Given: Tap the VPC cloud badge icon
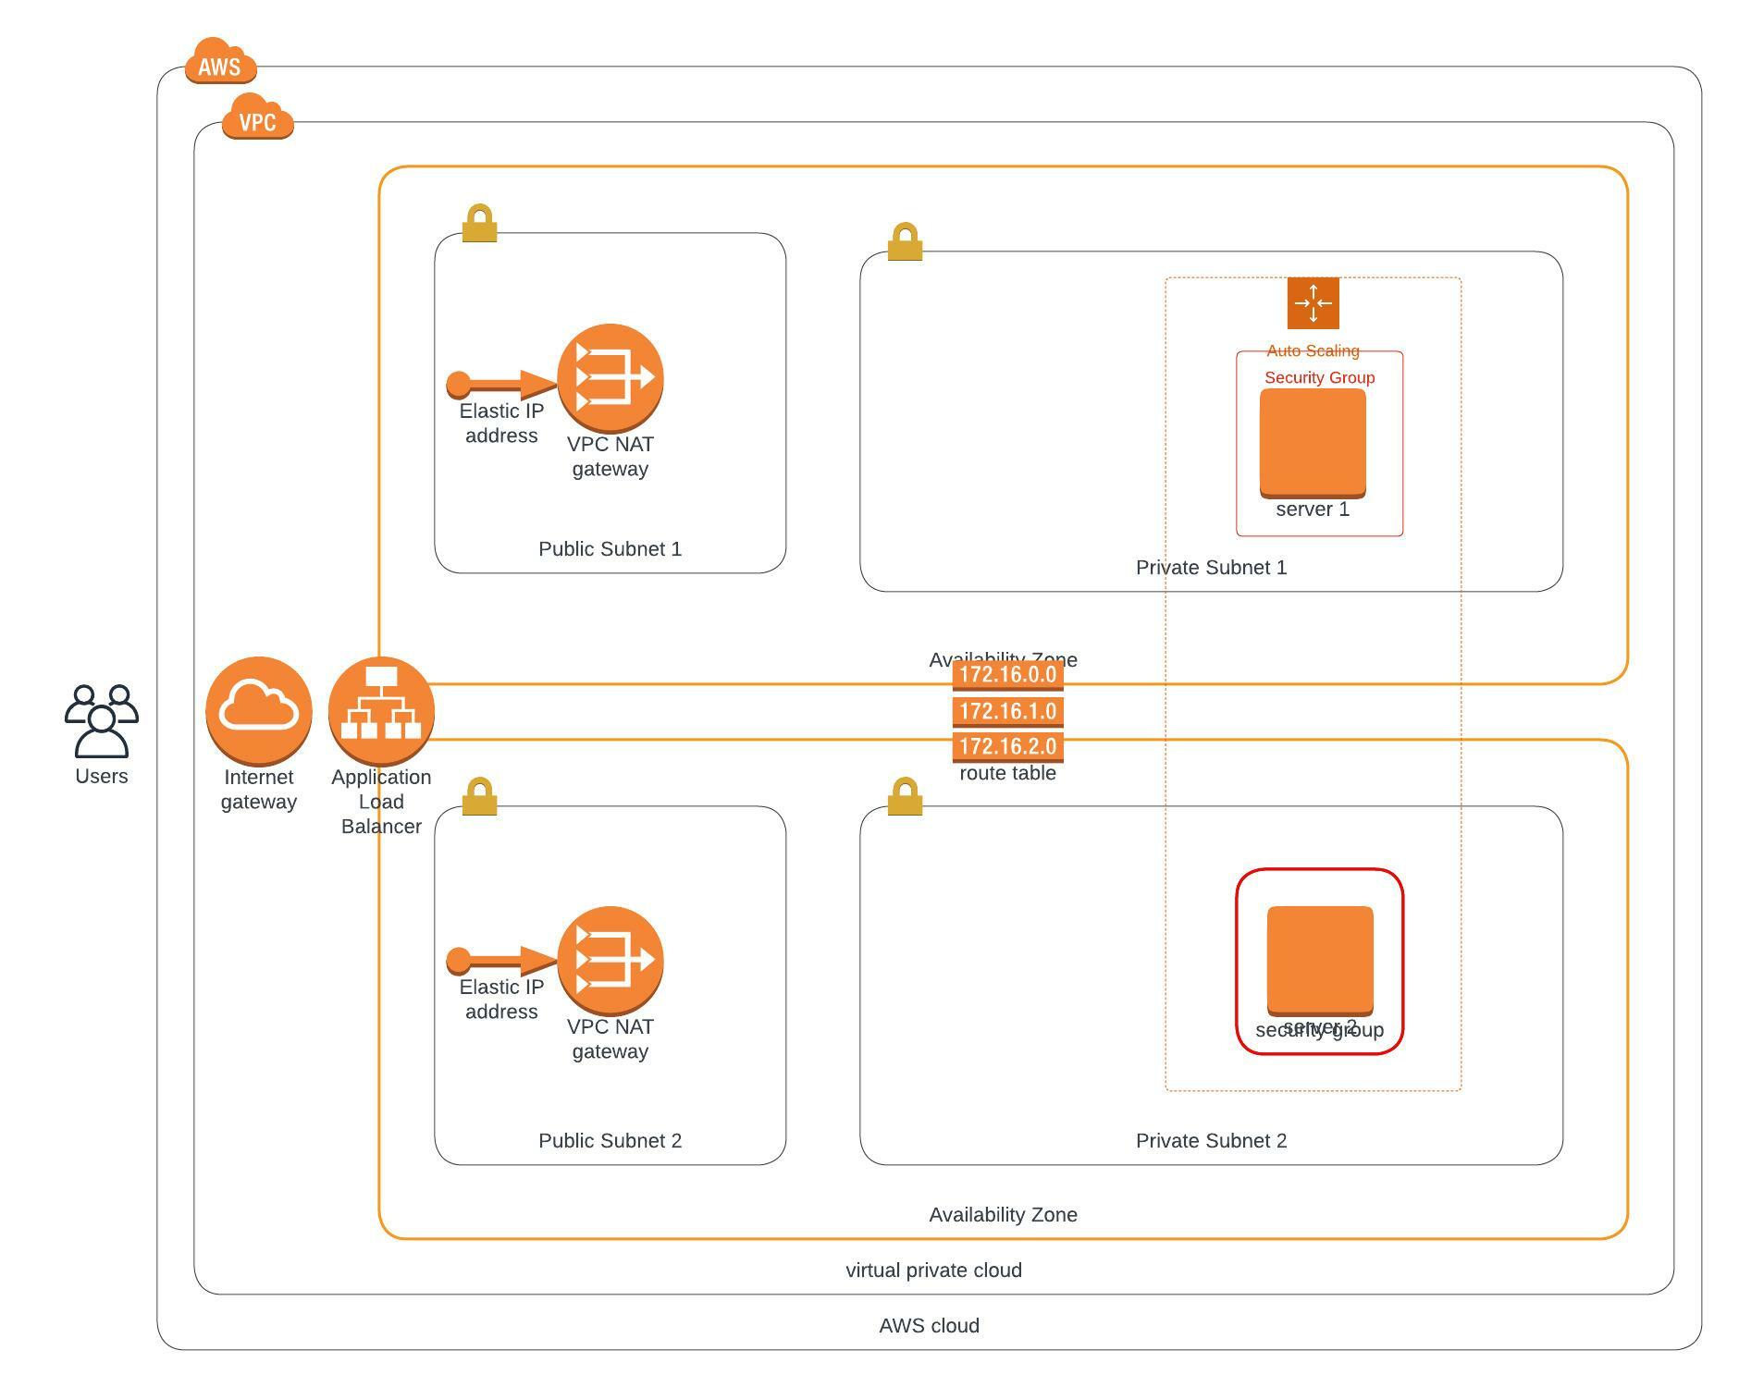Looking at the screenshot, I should point(257,117).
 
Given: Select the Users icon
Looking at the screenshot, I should point(102,720).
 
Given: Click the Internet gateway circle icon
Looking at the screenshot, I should point(259,710).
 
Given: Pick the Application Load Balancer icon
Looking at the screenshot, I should point(381,710).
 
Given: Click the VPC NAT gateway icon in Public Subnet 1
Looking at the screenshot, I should point(610,377).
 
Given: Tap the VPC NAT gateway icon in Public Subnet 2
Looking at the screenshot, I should point(610,960).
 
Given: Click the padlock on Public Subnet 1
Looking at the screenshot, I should point(479,224).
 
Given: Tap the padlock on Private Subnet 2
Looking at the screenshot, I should point(905,797).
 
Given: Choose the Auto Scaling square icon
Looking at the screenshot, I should point(1313,303).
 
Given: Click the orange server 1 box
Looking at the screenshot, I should point(1313,443).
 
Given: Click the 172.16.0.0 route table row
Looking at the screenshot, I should point(1007,675).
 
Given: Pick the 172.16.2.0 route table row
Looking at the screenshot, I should point(1007,746).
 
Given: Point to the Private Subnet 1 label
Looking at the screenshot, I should point(1211,568).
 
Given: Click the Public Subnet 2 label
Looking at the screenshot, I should point(610,1141).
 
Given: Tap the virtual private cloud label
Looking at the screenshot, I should point(933,1270).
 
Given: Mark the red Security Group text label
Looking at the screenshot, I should point(1319,377).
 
